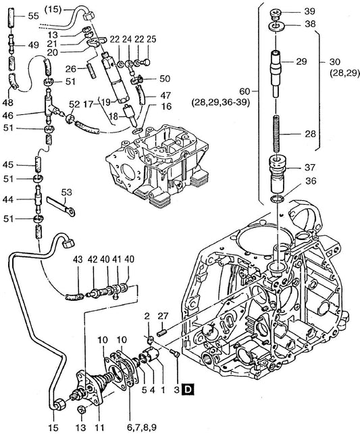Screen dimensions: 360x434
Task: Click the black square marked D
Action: (188, 389)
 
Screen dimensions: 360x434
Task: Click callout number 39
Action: (309, 11)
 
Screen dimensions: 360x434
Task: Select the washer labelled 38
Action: (276, 26)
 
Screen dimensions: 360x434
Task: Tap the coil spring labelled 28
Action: (276, 133)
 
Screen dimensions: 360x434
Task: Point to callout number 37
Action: (309, 167)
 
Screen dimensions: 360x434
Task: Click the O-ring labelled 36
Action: (277, 199)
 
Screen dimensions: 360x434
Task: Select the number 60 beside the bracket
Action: (245, 91)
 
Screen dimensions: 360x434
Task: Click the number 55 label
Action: (34, 16)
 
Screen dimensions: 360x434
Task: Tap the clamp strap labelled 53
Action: (61, 206)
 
